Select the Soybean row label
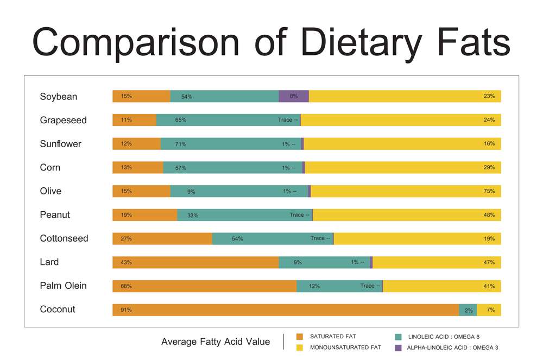59,97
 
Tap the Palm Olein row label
63,286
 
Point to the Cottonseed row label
64,238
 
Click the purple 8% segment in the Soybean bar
294,96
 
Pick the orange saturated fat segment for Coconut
286,310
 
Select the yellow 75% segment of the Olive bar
406,191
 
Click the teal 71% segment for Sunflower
231,144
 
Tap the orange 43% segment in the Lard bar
195,262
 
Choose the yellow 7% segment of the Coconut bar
489,310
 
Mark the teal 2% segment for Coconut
468,310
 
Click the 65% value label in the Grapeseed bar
181,120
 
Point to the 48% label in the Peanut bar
489,215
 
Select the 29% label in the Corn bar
489,168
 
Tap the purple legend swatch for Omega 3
397,348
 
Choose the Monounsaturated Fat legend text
345,347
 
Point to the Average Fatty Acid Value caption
216,342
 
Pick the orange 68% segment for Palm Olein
204,286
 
